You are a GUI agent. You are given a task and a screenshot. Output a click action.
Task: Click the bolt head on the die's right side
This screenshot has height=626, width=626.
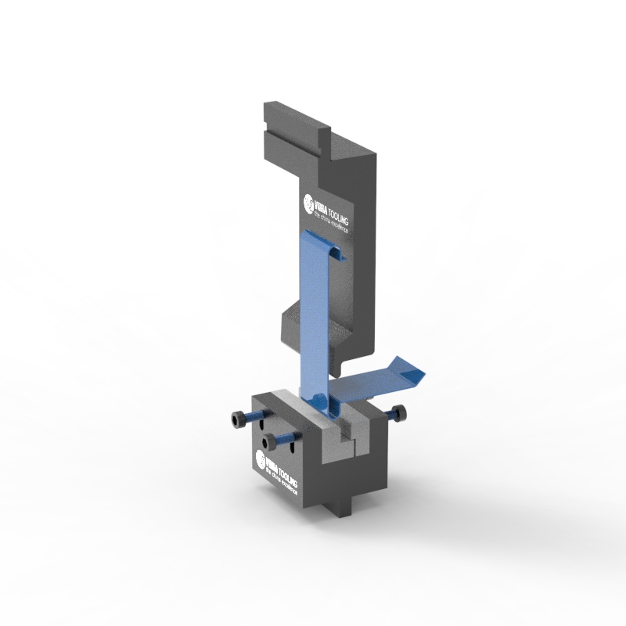click(401, 413)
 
